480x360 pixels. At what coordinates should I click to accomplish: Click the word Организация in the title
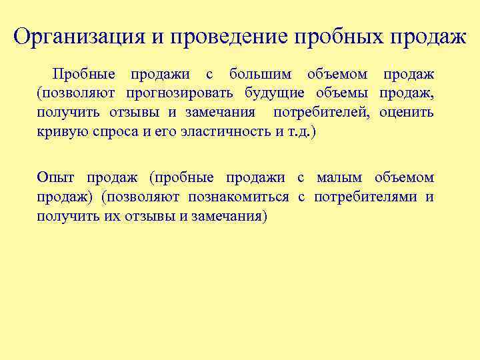pos(79,36)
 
